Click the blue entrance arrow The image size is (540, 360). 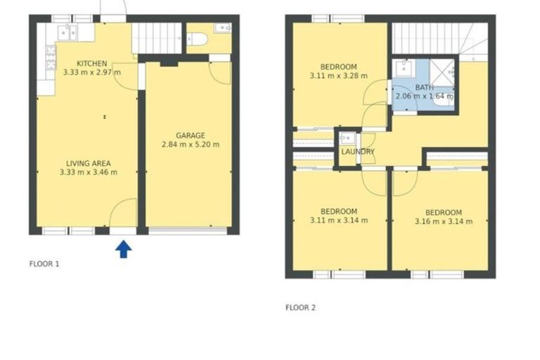coord(123,249)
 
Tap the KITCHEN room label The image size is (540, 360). coord(91,63)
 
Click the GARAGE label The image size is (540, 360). coord(190,136)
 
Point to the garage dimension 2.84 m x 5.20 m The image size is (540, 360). coord(190,145)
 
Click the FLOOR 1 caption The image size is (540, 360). coord(44,264)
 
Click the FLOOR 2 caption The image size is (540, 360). coord(300,307)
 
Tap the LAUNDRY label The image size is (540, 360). coord(357,152)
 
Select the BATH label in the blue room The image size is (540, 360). coord(424,87)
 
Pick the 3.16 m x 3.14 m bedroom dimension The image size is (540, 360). coord(443,221)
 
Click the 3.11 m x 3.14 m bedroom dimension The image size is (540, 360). coord(339,221)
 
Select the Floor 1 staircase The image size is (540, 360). coord(156,37)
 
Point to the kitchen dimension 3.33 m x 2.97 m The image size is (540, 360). coord(91,72)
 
